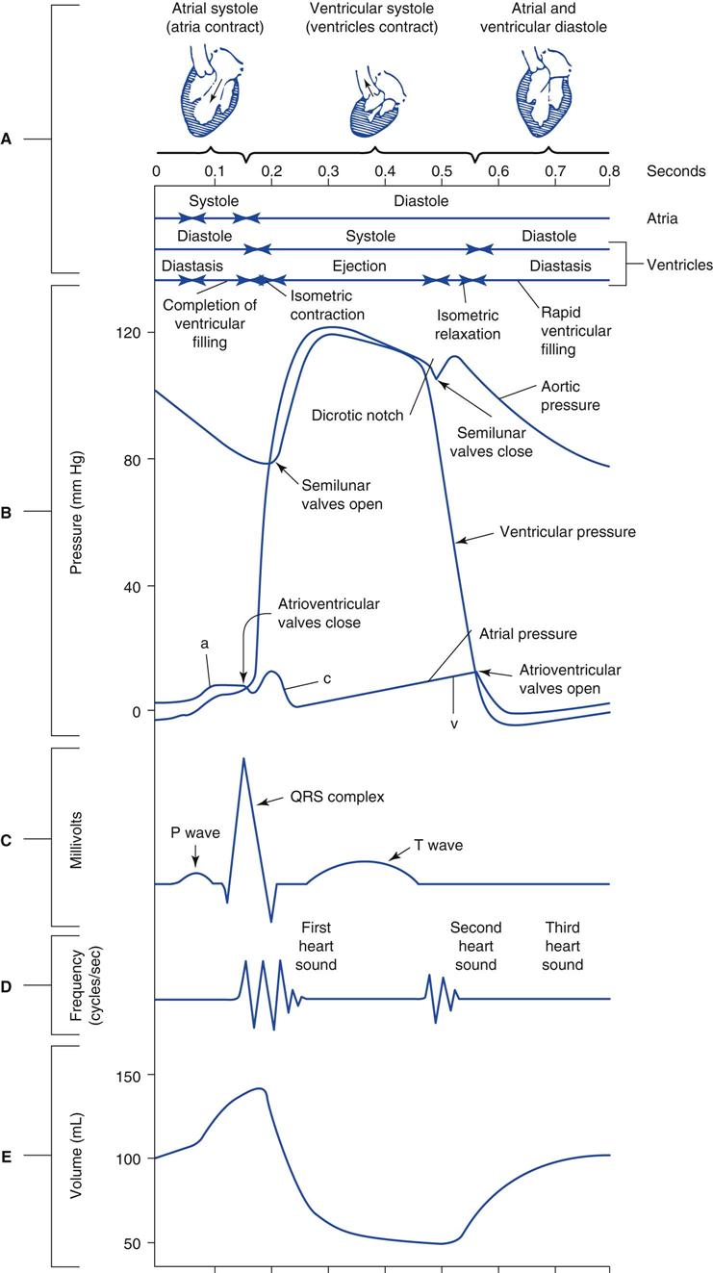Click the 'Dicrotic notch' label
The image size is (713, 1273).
point(357,417)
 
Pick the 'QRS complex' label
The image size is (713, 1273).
point(337,797)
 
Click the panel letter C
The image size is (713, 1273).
point(7,840)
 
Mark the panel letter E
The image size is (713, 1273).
point(7,1156)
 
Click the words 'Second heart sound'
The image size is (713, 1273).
point(475,946)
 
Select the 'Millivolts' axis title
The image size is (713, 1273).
point(77,840)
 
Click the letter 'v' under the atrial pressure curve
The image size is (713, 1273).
point(453,723)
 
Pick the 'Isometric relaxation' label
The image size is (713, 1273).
point(469,324)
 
